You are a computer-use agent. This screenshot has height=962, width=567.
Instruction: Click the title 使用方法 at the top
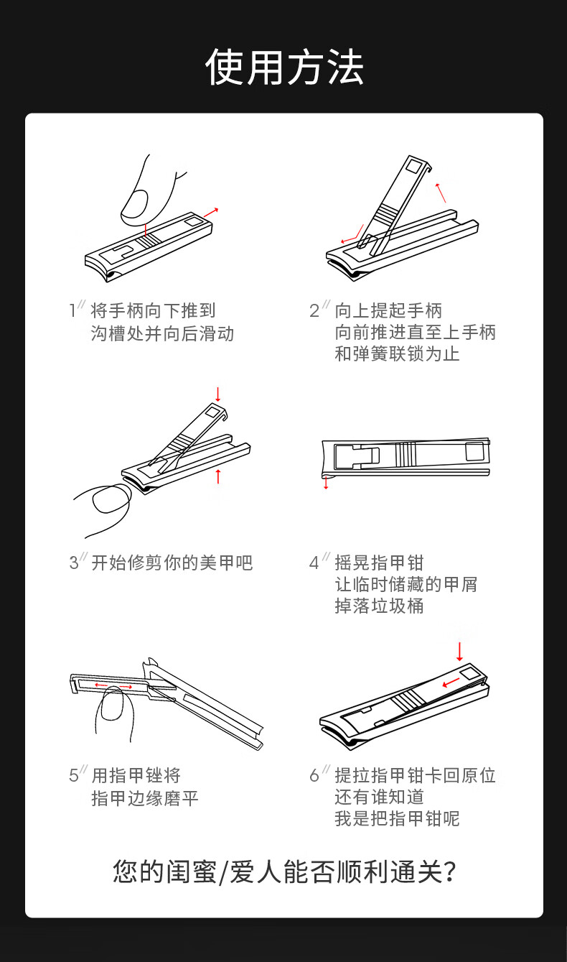284,67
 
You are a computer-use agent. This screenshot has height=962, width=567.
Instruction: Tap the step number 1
72,310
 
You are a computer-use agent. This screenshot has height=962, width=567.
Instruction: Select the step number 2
314,310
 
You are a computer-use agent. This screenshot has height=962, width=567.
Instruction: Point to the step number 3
74,563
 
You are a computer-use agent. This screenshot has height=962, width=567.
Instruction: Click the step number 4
314,563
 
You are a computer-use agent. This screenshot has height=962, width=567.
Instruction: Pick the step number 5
74,775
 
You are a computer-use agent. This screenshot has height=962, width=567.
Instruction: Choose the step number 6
314,775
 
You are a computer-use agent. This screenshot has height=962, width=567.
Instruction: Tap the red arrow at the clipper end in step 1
210,213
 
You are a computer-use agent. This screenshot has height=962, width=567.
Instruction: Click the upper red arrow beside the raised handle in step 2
441,193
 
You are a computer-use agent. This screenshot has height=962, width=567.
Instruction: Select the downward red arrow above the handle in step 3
218,394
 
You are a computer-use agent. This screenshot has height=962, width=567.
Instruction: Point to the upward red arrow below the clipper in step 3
218,476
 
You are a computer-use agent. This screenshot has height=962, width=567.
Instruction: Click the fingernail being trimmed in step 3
111,498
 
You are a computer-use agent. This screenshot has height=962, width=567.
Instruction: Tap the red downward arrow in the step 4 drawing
326,482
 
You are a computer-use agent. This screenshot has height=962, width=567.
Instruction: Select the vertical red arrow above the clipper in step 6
459,652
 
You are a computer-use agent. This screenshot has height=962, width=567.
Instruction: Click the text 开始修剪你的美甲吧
172,563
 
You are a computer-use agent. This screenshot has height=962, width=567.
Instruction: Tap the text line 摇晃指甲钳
379,563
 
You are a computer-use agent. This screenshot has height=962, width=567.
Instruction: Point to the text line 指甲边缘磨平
144,798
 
